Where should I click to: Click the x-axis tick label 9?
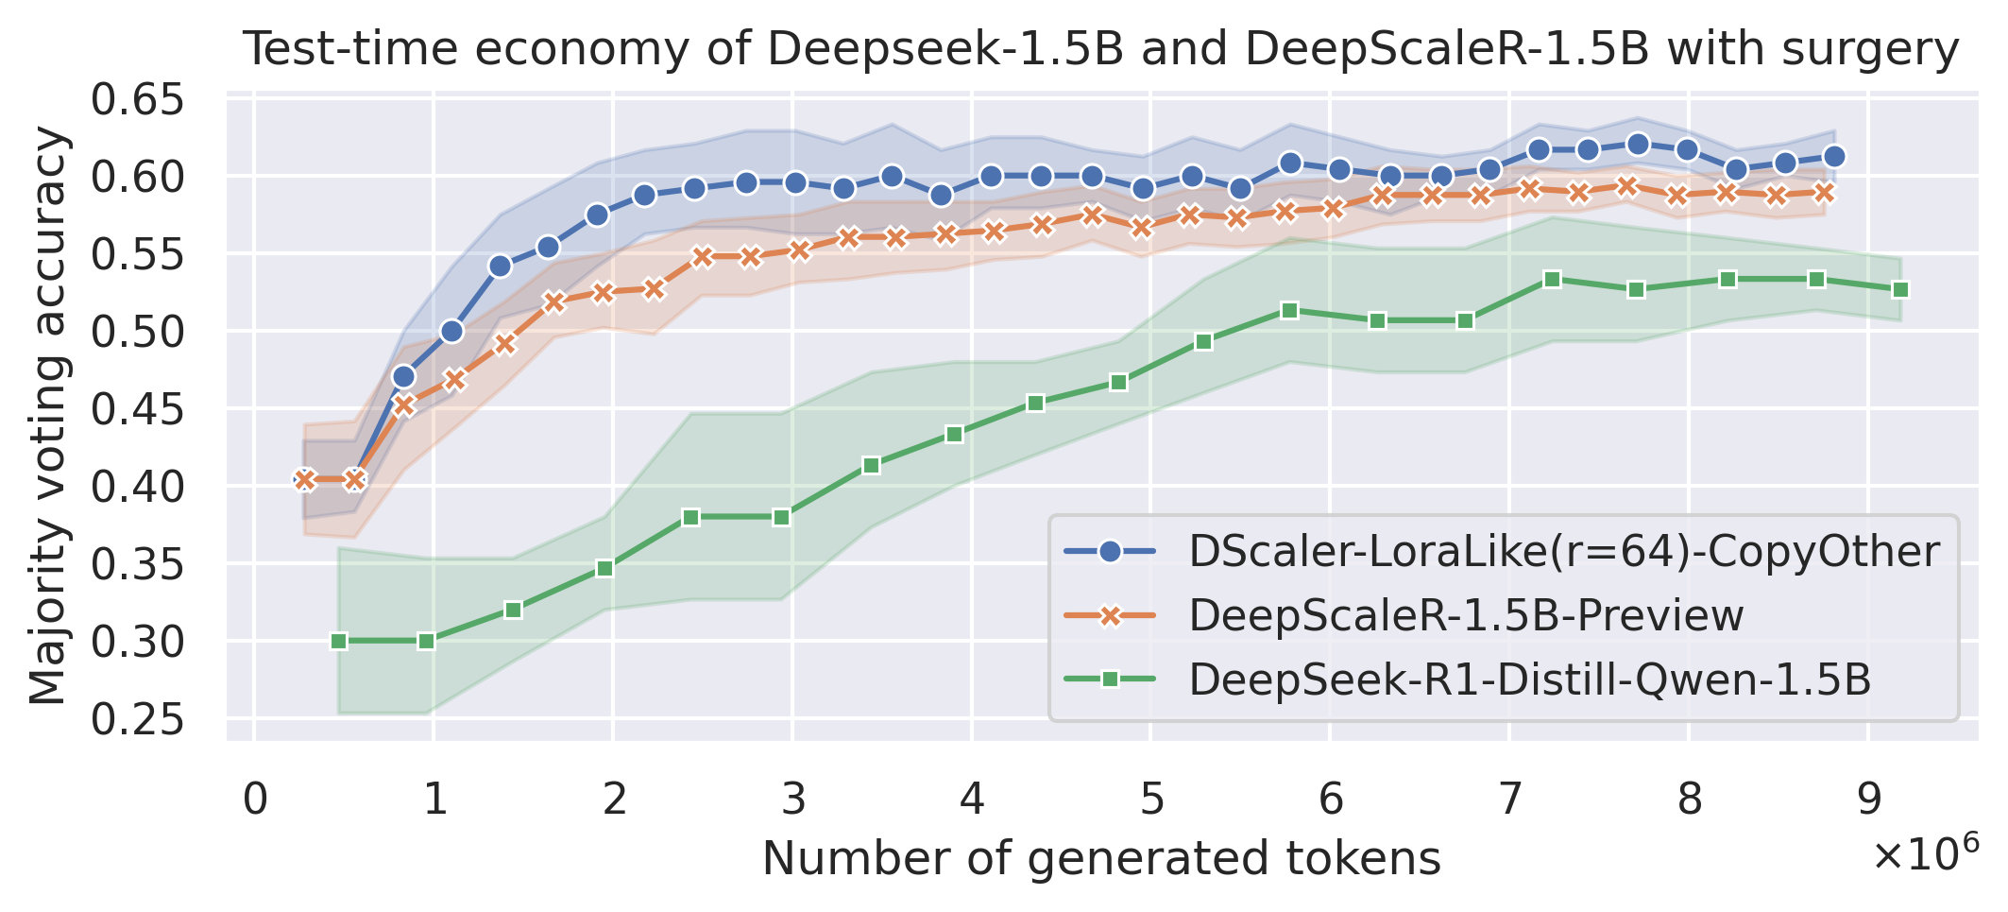tap(1867, 799)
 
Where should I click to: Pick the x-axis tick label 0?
tap(254, 799)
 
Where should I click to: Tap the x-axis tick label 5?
tap(1150, 799)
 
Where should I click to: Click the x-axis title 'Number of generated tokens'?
tap(1101, 858)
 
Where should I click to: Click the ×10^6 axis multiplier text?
tap(1924, 855)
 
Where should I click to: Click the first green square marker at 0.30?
tap(339, 641)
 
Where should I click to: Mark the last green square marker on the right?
tap(1900, 289)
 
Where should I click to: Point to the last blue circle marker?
tap(1834, 156)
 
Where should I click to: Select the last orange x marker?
tap(1824, 193)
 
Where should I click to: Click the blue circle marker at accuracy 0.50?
tap(451, 331)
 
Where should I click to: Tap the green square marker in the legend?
tap(1111, 680)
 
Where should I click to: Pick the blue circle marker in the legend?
tap(1111, 551)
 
